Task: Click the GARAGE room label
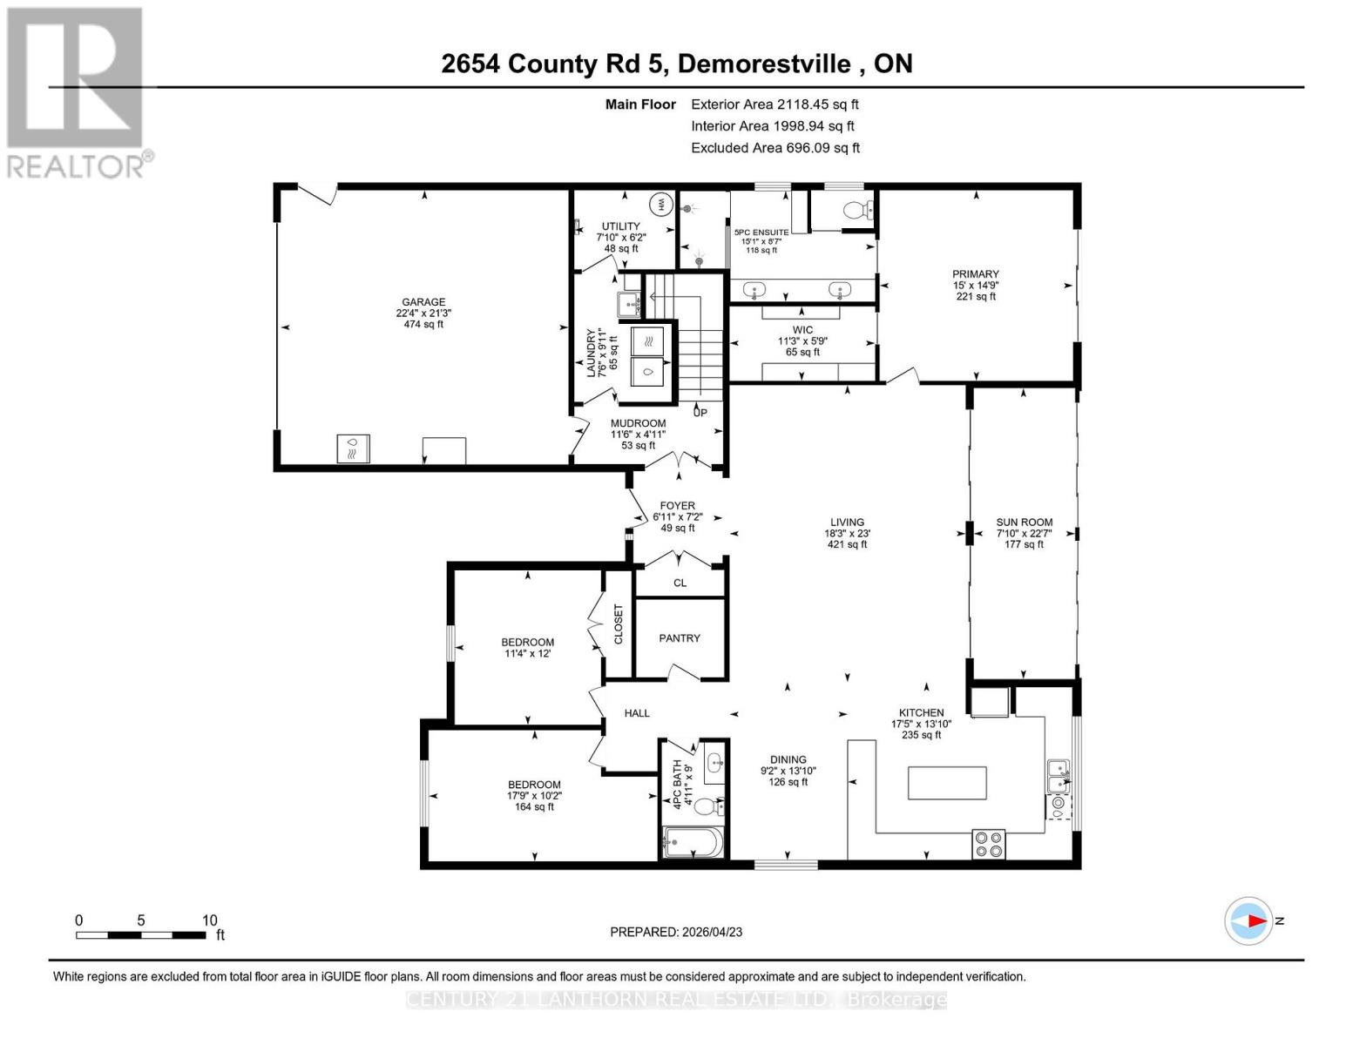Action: pyautogui.click(x=423, y=302)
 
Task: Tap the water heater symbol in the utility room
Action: pyautogui.click(x=660, y=205)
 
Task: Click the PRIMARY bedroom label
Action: pyautogui.click(x=975, y=274)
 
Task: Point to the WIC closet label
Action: pyautogui.click(x=802, y=330)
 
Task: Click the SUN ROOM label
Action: pyautogui.click(x=1024, y=522)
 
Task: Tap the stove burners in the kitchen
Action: pyautogui.click(x=988, y=845)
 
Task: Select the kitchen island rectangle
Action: pyautogui.click(x=947, y=783)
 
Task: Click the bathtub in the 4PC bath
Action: pyautogui.click(x=693, y=843)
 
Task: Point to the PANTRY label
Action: pyautogui.click(x=680, y=638)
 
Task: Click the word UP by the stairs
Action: pyautogui.click(x=700, y=412)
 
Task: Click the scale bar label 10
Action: pyautogui.click(x=209, y=920)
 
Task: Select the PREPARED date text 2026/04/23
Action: pyautogui.click(x=712, y=932)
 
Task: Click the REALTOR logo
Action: pyautogui.click(x=77, y=91)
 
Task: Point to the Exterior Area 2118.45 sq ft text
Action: pyautogui.click(x=775, y=104)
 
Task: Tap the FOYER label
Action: pyautogui.click(x=677, y=505)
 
